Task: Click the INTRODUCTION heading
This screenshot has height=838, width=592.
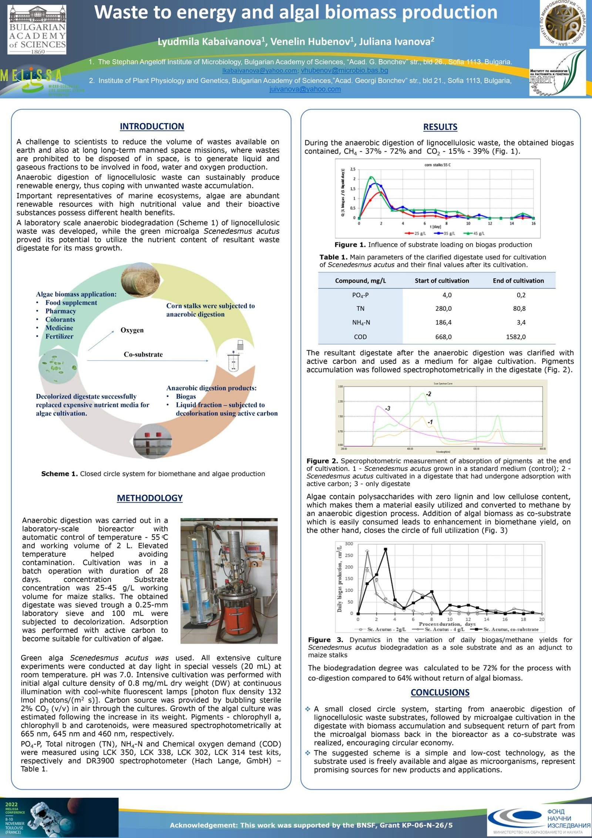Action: (x=152, y=127)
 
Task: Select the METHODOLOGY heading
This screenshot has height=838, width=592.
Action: (x=150, y=498)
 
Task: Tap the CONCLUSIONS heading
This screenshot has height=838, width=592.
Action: (x=440, y=693)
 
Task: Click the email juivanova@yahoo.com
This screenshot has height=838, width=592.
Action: (x=305, y=89)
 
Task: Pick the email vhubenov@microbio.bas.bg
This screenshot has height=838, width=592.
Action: (x=344, y=70)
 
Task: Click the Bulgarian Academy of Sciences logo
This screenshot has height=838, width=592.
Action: (x=37, y=30)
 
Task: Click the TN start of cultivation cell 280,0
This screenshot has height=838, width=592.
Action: (x=443, y=309)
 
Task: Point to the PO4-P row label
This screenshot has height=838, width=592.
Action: (x=360, y=295)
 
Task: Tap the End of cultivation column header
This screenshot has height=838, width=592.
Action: (x=518, y=281)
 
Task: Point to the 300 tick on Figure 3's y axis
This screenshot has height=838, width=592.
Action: (x=349, y=544)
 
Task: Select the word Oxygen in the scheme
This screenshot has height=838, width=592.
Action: (x=132, y=330)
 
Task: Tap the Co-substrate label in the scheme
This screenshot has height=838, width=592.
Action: (x=143, y=355)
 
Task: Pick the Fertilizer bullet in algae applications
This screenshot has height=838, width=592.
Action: (x=59, y=336)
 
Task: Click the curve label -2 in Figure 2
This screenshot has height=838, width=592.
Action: (x=428, y=394)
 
